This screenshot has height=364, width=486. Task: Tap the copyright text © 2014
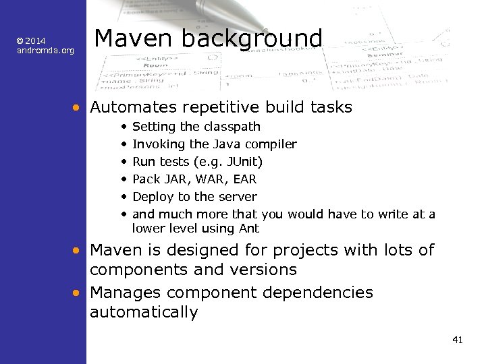click(x=31, y=41)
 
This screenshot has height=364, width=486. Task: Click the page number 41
click(x=457, y=340)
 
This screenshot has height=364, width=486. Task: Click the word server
click(x=238, y=197)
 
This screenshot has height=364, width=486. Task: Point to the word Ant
click(x=249, y=228)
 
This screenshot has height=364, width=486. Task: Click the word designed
click(x=183, y=250)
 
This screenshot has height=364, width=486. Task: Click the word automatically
click(x=144, y=312)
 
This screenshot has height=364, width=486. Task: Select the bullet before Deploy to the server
click(x=124, y=197)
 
